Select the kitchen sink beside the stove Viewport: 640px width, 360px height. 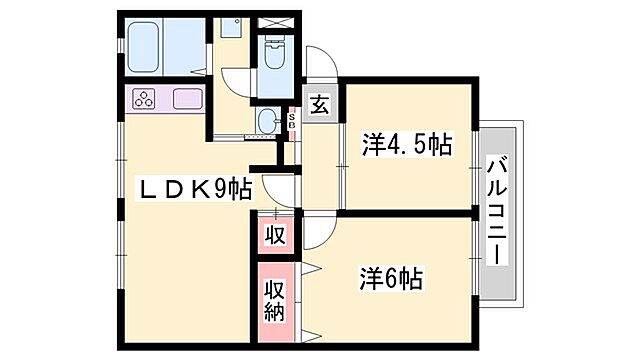pos(187,99)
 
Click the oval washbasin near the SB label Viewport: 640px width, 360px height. pos(267,122)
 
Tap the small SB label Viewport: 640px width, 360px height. pos(291,122)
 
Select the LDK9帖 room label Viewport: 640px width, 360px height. pos(194,188)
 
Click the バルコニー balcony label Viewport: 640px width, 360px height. pos(497,210)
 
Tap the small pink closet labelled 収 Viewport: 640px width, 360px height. pos(276,236)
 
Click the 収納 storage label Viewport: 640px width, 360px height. pos(276,301)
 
